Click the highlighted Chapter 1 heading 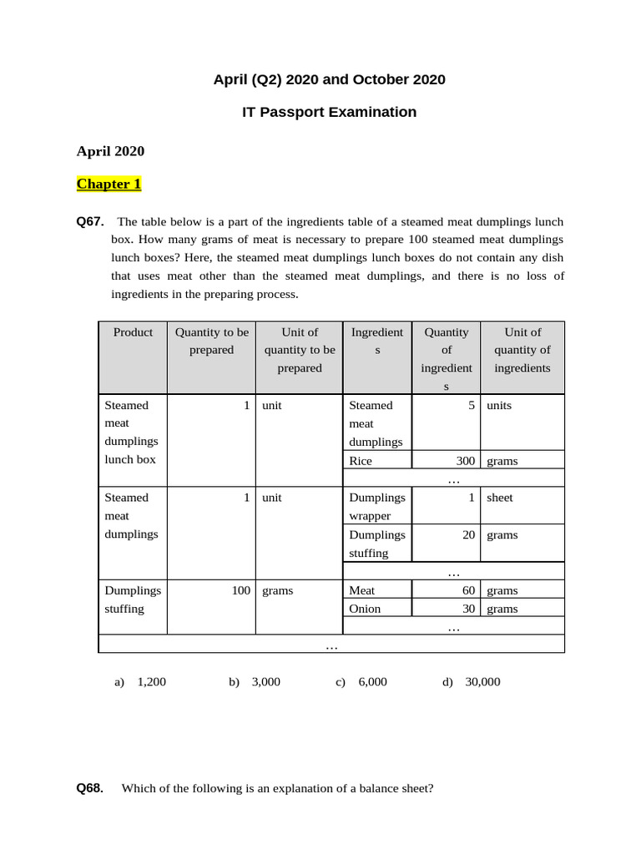pyautogui.click(x=109, y=184)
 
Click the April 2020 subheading pyautogui.click(x=110, y=151)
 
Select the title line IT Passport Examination pyautogui.click(x=329, y=112)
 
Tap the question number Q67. pyautogui.click(x=90, y=221)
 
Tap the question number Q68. pyautogui.click(x=90, y=787)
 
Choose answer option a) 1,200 pyautogui.click(x=140, y=681)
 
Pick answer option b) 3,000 pyautogui.click(x=255, y=681)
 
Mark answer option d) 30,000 pyautogui.click(x=472, y=681)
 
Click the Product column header pyautogui.click(x=133, y=332)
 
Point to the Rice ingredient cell pyautogui.click(x=361, y=460)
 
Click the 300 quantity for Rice pyautogui.click(x=465, y=460)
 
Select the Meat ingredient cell pyautogui.click(x=363, y=590)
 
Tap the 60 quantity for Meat pyautogui.click(x=468, y=590)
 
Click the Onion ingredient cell pyautogui.click(x=365, y=609)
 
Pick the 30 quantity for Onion pyautogui.click(x=468, y=609)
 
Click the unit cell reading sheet pyautogui.click(x=500, y=498)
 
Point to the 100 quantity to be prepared pyautogui.click(x=240, y=590)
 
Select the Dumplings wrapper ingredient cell pyautogui.click(x=376, y=506)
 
